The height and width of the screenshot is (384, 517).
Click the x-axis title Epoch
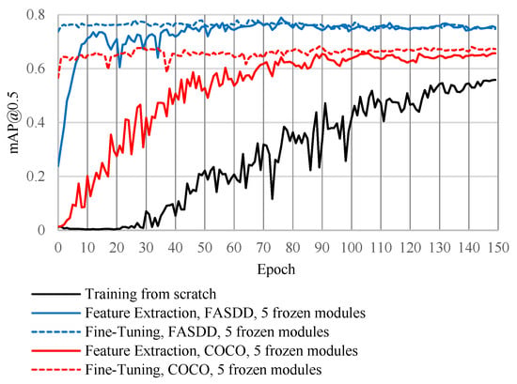(276, 269)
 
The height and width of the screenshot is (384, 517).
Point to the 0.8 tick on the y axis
(36, 15)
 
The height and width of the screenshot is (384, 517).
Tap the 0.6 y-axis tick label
(36, 69)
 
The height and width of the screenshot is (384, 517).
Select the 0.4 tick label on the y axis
(36, 122)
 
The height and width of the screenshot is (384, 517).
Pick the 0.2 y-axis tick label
(36, 177)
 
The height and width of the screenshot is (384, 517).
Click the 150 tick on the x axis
(497, 247)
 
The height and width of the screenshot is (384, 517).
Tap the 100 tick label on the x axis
(352, 247)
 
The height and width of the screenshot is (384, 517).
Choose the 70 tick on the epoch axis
(263, 247)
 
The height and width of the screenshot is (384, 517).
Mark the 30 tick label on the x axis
(146, 247)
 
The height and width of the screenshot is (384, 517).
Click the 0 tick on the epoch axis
(58, 247)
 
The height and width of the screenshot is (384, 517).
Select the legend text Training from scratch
(150, 294)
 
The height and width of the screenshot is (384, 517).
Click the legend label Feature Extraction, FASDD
(169, 313)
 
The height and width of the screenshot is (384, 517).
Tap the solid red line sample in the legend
(55, 351)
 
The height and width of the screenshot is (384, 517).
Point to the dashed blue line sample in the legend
(55, 332)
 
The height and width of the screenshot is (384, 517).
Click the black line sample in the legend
(55, 294)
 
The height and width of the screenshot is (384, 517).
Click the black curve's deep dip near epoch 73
(273, 199)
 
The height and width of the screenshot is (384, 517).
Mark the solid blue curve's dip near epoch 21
(119, 68)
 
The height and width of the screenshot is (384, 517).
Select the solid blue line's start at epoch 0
(58, 166)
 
